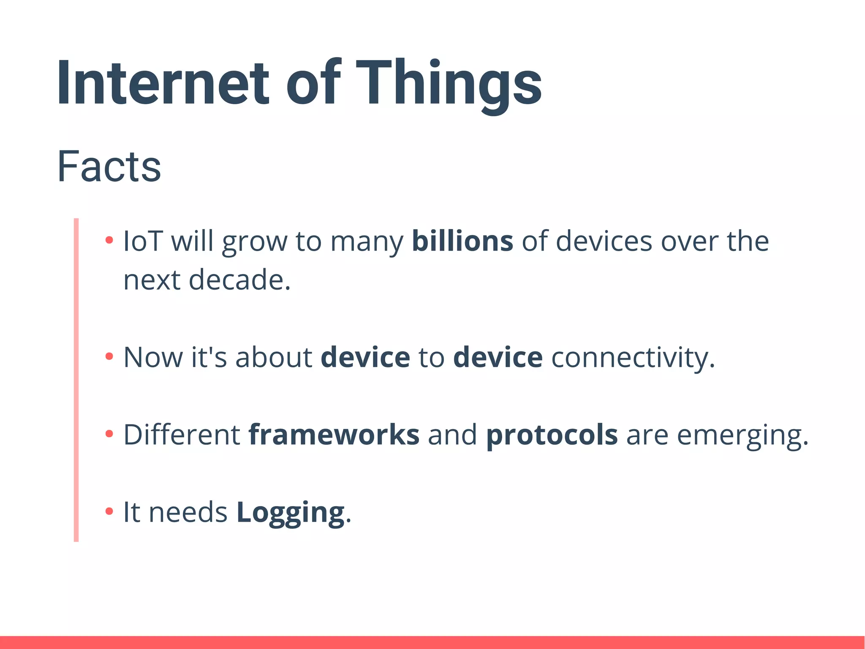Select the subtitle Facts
(109, 167)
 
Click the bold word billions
(462, 241)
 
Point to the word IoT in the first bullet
(143, 241)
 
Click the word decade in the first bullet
(239, 280)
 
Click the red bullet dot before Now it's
(109, 356)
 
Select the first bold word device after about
(365, 357)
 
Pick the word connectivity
(633, 357)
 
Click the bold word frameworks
(334, 435)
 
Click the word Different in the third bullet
(182, 435)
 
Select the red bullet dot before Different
(109, 434)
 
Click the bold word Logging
(290, 512)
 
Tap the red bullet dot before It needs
(109, 511)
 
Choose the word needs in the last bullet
(188, 512)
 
